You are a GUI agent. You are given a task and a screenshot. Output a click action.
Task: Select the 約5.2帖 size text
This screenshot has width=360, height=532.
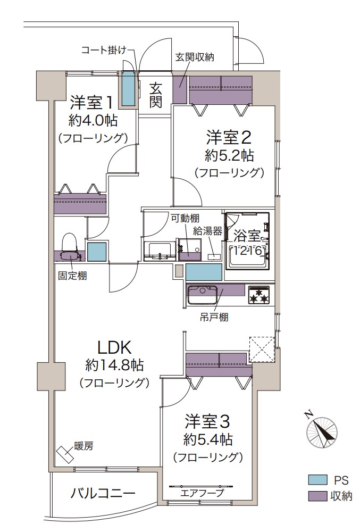pos(230,156)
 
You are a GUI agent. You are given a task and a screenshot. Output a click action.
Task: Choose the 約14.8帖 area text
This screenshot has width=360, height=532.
pos(114,365)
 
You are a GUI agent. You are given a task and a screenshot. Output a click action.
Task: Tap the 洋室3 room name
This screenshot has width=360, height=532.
pos(207,422)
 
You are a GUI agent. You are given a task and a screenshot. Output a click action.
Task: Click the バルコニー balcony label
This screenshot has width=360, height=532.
pos(103,493)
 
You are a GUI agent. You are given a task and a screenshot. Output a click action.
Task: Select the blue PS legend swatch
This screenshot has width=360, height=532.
pos(317,480)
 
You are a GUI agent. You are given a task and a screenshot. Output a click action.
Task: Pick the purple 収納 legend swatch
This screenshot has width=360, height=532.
pos(317,496)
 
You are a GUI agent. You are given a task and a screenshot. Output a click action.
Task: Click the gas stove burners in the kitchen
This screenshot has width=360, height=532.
pos(260,295)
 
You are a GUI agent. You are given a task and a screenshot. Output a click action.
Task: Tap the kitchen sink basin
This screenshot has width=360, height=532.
pos(203,295)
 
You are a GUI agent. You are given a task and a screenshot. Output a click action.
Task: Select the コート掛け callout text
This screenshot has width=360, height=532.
pos(104,51)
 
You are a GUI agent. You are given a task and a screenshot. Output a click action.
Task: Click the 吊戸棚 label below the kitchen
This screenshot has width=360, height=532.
pos(214,318)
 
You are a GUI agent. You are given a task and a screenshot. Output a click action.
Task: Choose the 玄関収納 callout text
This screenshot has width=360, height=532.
pos(195,57)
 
